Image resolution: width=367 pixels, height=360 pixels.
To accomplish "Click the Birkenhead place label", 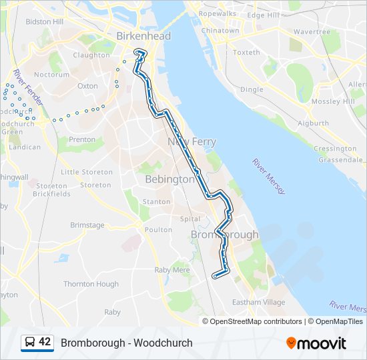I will [x=143, y=36].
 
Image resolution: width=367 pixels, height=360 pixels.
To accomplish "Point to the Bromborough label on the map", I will [x=224, y=235].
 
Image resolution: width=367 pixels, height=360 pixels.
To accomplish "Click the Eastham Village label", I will [x=258, y=302].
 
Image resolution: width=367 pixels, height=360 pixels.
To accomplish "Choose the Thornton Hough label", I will [x=91, y=284].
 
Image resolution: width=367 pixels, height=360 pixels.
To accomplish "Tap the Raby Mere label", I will [x=172, y=270].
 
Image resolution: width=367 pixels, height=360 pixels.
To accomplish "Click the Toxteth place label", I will [x=246, y=52].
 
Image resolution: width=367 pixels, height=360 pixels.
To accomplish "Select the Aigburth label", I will [x=313, y=123].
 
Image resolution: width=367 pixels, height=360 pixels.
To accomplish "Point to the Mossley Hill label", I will [x=334, y=101].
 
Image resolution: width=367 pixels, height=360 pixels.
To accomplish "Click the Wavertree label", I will [x=311, y=31].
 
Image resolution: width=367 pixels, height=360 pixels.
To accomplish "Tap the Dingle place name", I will [x=252, y=89].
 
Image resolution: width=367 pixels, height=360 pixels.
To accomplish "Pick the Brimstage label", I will [x=87, y=225].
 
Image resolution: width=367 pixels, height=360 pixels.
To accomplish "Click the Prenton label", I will [x=82, y=139].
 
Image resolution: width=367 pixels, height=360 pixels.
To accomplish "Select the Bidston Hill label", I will [x=44, y=21].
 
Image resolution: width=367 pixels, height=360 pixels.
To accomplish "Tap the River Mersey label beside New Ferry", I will [x=268, y=176].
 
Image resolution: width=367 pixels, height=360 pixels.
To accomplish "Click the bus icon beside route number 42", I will [x=30, y=342].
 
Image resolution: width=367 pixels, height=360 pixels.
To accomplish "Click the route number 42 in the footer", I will [x=45, y=342].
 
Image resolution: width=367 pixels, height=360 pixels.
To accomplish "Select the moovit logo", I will [x=316, y=343].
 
